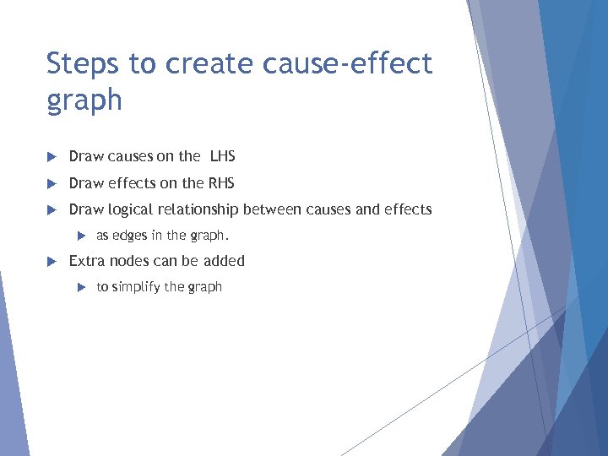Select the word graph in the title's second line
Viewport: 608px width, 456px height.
(x=84, y=100)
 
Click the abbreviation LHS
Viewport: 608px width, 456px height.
(x=217, y=156)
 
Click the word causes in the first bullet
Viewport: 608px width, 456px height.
(x=129, y=156)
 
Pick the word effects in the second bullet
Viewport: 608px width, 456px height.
(x=129, y=183)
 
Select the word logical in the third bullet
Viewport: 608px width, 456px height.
(x=128, y=209)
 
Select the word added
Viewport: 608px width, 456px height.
(x=224, y=261)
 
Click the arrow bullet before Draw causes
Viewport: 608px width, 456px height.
(x=51, y=156)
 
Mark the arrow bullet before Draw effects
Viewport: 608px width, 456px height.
(x=51, y=183)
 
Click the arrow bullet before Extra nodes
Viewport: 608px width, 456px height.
(x=51, y=261)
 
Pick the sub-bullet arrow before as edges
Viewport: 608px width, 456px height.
(x=80, y=236)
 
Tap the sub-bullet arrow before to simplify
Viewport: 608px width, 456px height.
(x=80, y=287)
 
